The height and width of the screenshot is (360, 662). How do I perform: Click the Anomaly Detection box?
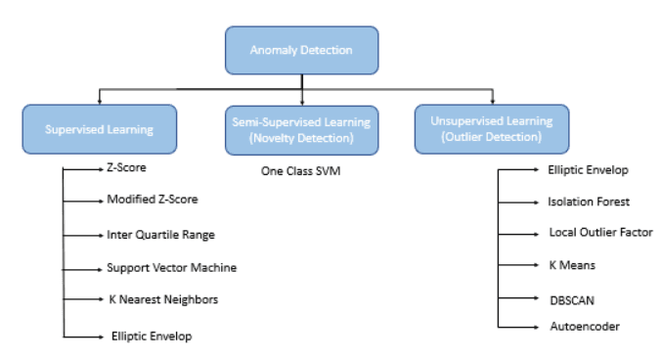(301, 51)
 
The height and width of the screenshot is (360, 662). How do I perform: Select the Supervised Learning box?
(99, 129)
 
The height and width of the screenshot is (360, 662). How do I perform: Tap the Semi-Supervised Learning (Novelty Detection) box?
(300, 129)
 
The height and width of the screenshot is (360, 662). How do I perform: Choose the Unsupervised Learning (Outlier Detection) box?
(491, 129)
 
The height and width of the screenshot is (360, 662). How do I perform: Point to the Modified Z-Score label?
(153, 200)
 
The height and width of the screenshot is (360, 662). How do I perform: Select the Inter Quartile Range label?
(161, 235)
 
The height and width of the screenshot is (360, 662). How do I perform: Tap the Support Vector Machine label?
(171, 267)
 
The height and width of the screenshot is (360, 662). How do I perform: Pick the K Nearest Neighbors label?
(162, 299)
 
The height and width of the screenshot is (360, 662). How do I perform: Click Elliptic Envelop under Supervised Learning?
(151, 336)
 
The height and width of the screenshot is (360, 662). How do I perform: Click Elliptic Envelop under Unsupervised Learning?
(588, 170)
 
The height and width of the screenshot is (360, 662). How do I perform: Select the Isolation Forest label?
(588, 202)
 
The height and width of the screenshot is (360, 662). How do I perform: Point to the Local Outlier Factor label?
(599, 233)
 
